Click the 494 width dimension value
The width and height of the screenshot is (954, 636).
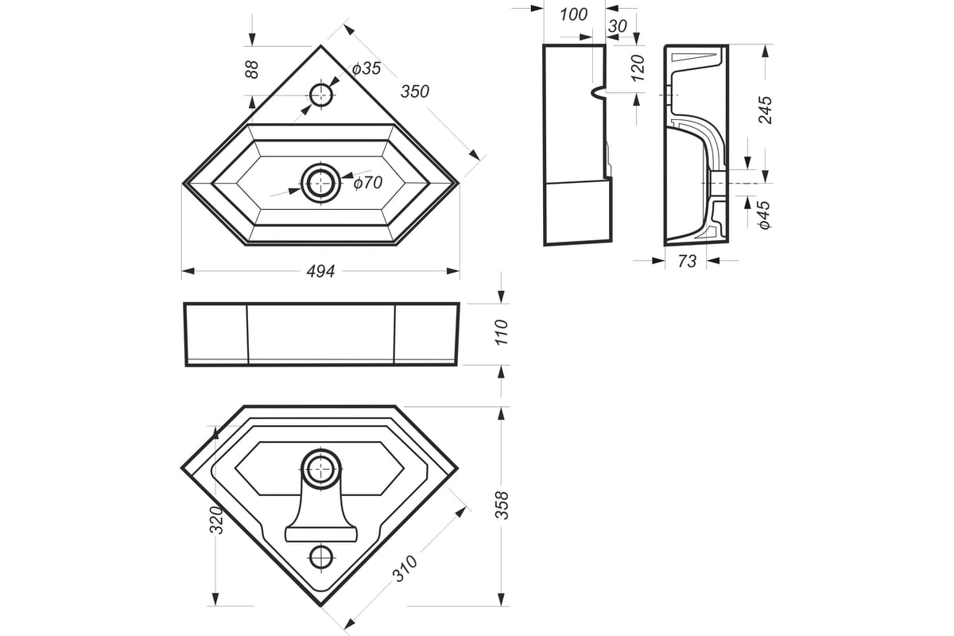click(x=320, y=271)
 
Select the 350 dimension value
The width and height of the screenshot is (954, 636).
click(x=415, y=91)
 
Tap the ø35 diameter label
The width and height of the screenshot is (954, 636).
click(x=366, y=68)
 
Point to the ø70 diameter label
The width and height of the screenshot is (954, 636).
click(x=368, y=183)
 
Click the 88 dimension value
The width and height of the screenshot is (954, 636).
click(x=252, y=69)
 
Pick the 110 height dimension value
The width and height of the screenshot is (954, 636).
click(x=502, y=332)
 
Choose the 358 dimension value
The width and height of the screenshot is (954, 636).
click(x=502, y=505)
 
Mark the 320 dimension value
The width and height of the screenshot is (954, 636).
click(x=216, y=520)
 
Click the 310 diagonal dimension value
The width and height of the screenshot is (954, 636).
click(x=405, y=568)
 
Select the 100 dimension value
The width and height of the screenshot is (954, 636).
click(x=574, y=15)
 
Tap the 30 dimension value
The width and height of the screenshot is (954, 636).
click(x=618, y=26)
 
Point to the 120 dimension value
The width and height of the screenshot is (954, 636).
click(x=638, y=68)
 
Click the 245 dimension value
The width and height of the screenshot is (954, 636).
click(x=766, y=110)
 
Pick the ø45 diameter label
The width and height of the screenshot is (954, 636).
click(x=765, y=215)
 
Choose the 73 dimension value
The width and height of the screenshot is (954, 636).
click(x=687, y=261)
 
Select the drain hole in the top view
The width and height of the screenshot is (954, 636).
click(x=321, y=184)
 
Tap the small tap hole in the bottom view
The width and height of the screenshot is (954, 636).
click(x=321, y=556)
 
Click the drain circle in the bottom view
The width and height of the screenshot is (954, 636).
click(x=321, y=468)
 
